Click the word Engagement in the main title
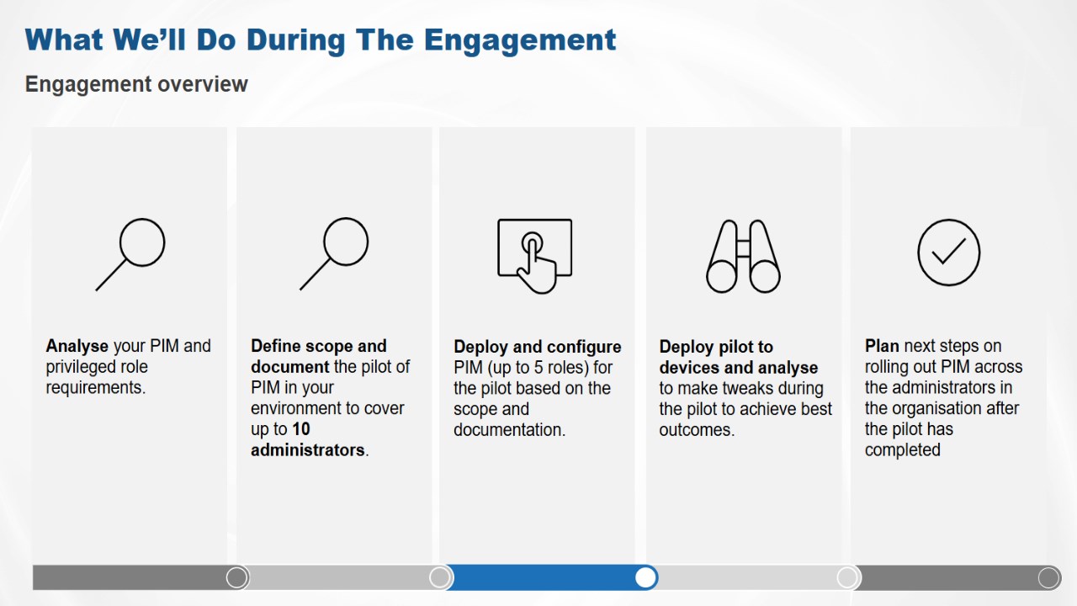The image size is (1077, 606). pos(520,40)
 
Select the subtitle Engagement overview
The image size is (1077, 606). pos(136,84)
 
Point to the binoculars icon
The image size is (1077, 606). pos(743,257)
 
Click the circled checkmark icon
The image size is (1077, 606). pos(948,252)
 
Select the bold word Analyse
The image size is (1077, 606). pos(77,346)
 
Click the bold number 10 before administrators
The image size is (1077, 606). pos(301,429)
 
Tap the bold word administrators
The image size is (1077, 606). pos(308,450)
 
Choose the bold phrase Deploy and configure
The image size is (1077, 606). pos(538,348)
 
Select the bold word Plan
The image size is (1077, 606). pos(882,346)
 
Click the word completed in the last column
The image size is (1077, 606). pos(903,450)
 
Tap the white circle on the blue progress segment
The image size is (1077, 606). pos(645,577)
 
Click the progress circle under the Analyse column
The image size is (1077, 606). pos(236,577)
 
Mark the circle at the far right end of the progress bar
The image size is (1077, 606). pos(1048,577)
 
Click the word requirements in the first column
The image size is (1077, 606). pos(96,388)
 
